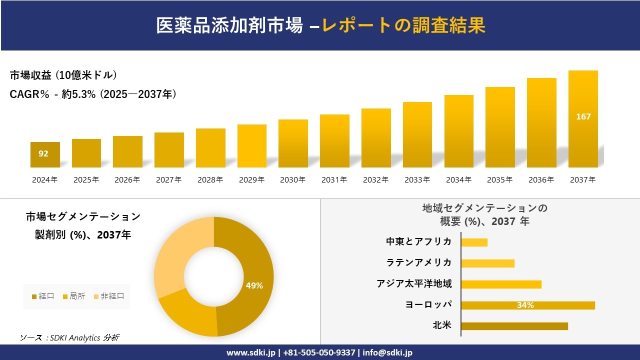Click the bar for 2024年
(x=45, y=154)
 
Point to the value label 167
(x=583, y=116)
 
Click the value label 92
(x=43, y=153)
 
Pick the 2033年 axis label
(x=417, y=180)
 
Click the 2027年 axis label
(x=168, y=180)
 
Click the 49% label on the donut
(x=254, y=285)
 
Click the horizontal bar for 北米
(x=514, y=326)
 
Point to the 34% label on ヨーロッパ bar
(x=525, y=305)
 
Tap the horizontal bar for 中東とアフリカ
(x=474, y=242)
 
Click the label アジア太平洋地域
(x=414, y=284)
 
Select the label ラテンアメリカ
(x=418, y=262)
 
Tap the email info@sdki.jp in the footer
(x=387, y=352)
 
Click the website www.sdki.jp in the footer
(x=250, y=352)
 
